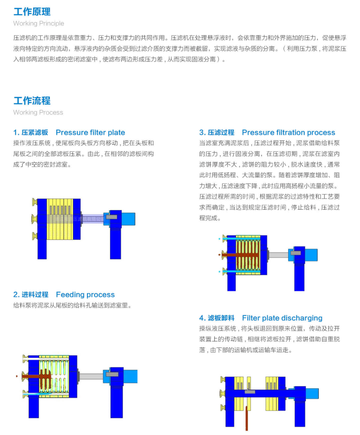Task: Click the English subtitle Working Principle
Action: point(39,23)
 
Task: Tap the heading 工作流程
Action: point(32,101)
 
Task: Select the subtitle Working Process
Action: point(38,112)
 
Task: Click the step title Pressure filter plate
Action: point(91,132)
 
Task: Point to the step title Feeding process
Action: point(85,294)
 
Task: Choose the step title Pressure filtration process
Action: point(289,132)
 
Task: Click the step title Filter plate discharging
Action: point(282,318)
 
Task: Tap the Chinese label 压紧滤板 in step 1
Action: point(35,132)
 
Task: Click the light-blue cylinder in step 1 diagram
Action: point(129,218)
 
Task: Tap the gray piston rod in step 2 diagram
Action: point(92,376)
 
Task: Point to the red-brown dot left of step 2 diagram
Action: point(17,376)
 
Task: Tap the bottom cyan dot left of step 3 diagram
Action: point(219,271)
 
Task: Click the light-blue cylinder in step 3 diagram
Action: point(312,254)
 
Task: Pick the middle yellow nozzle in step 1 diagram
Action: point(34,218)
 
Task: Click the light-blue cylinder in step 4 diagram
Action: point(312,392)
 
